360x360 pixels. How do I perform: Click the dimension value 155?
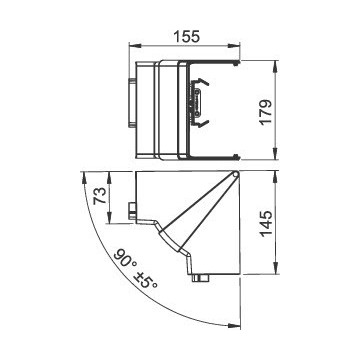point(186,36)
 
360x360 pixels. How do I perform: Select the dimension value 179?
point(266,112)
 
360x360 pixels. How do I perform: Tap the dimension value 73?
point(99,196)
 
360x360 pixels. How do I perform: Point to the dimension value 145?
point(266,223)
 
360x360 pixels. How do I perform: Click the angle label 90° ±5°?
point(135,269)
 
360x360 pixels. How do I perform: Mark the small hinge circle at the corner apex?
point(235,174)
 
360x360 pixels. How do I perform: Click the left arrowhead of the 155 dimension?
point(133,46)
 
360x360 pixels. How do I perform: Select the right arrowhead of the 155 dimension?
point(236,46)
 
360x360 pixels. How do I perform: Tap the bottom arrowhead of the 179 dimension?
point(275,155)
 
